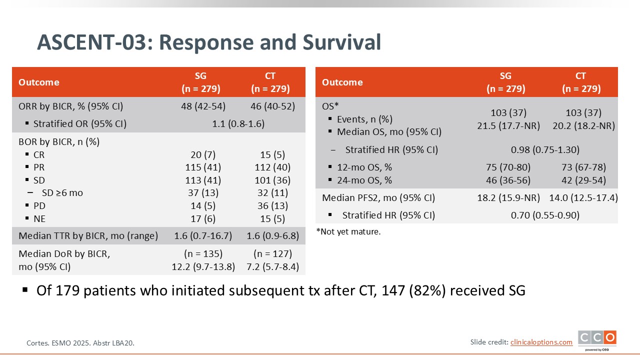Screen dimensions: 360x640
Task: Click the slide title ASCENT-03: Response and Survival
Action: [x=209, y=42]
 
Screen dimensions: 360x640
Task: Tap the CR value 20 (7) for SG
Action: [x=203, y=154]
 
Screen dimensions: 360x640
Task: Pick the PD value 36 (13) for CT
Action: [x=270, y=205]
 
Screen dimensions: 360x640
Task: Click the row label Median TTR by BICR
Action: [x=88, y=235]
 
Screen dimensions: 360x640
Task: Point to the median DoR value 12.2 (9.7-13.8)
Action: [x=203, y=266]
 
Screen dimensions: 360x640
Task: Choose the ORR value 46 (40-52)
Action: [x=272, y=106]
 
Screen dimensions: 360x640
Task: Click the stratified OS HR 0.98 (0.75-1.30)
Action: [x=545, y=149]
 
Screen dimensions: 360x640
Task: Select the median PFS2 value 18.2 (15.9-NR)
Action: [x=508, y=197]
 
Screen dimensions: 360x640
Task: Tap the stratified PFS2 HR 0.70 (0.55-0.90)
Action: [x=545, y=215]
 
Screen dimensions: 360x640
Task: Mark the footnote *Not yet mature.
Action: [x=348, y=231]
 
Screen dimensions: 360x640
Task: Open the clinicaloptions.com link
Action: [x=541, y=342]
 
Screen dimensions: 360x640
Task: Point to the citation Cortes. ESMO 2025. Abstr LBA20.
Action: [x=80, y=343]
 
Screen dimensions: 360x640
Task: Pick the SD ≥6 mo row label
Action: [x=63, y=192]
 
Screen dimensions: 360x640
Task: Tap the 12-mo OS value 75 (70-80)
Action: [x=508, y=167]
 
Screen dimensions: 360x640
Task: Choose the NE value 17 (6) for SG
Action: [x=203, y=218]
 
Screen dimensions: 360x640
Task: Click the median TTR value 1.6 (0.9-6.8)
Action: [x=272, y=235]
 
